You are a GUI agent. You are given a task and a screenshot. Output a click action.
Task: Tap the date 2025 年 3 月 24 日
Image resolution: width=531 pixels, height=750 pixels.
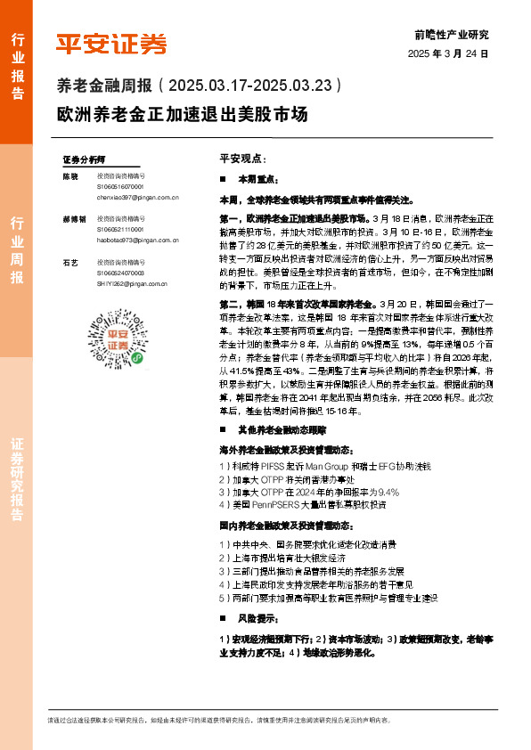click(448, 53)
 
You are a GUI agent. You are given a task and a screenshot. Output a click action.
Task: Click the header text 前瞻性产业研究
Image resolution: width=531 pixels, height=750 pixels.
click(452, 35)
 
